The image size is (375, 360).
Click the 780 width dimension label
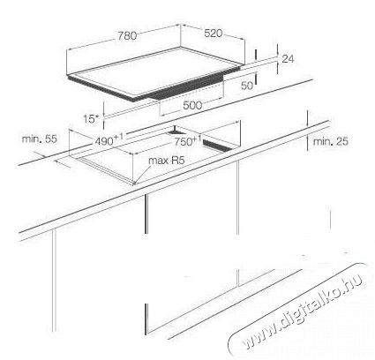coord(127,35)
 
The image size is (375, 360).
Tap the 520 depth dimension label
coord(214,34)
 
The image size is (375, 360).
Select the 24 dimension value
coord(288,59)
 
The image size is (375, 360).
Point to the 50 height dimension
coord(247,86)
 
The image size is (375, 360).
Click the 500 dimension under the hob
coord(192,105)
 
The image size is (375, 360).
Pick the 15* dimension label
coord(91,119)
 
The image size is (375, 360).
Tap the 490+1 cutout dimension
coord(109,139)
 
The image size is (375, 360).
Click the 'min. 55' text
coord(40,139)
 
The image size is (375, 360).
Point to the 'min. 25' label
coord(331,141)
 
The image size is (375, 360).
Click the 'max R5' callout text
coord(166,161)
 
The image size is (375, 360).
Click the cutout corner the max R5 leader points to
coord(134,184)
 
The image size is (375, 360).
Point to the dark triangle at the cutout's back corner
coord(175,131)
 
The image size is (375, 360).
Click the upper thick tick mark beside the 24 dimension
coord(256,55)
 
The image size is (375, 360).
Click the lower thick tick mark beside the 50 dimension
coord(256,79)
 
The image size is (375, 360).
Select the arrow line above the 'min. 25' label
coord(308,119)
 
